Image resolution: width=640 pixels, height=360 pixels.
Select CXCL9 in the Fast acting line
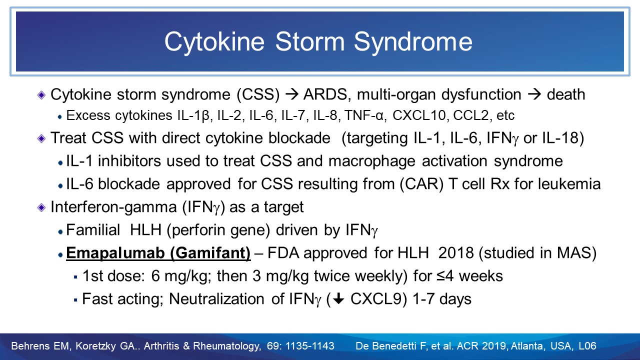pyautogui.click(x=378, y=299)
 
